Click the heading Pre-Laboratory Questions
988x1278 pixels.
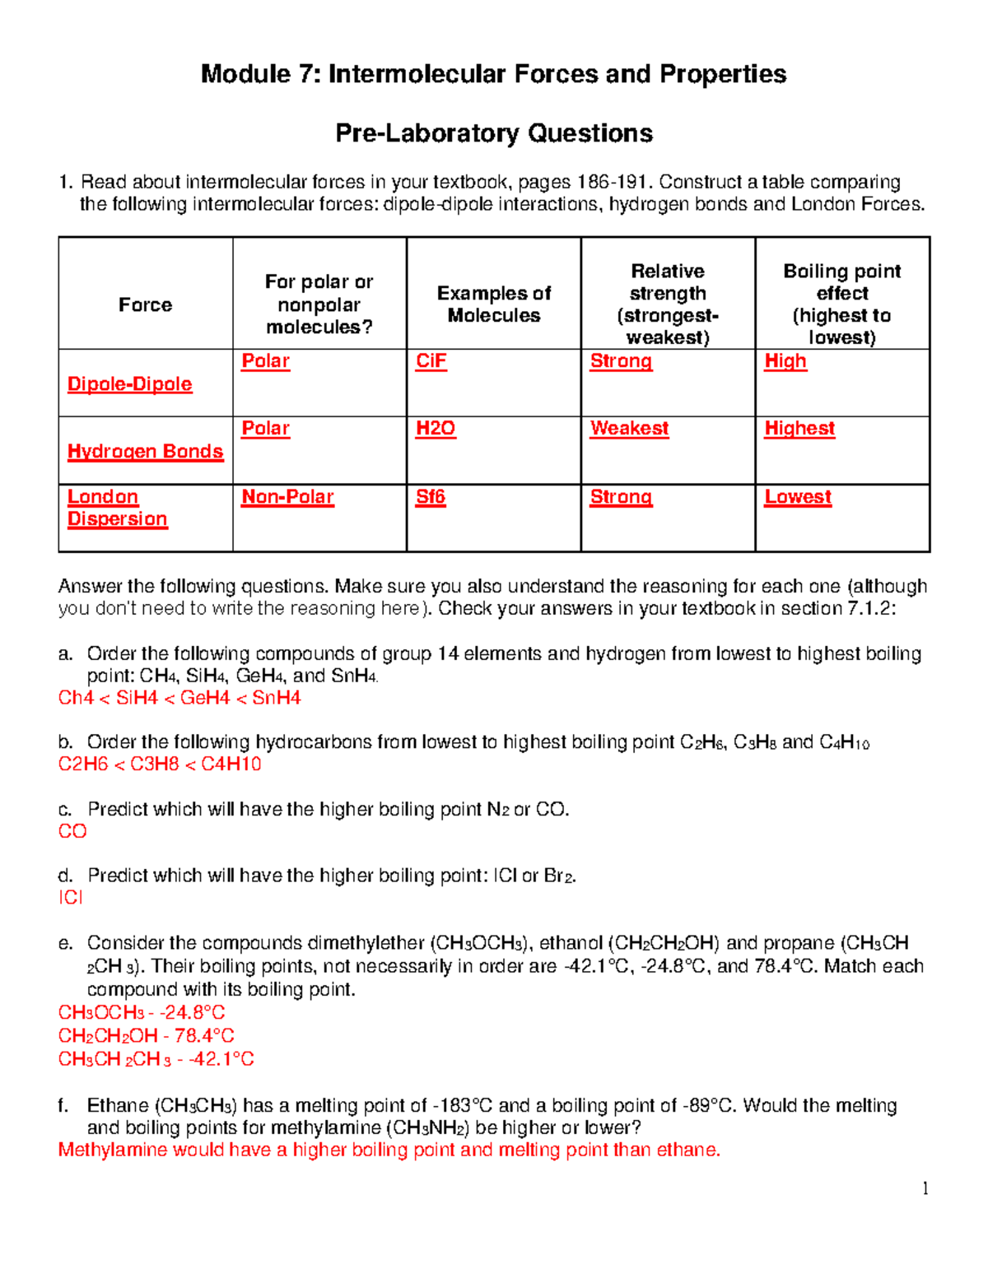494,133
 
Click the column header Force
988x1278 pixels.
145,304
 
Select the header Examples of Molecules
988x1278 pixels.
494,304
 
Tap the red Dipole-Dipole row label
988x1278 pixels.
130,384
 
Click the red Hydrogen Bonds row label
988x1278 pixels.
145,452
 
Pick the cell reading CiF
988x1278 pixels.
431,361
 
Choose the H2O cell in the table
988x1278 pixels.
436,429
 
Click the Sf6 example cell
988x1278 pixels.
431,497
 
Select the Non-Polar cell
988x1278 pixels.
287,497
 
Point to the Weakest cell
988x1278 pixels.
629,429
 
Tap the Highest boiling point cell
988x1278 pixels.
799,429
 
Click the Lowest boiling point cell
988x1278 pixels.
798,497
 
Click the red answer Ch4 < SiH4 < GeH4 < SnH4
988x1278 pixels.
179,698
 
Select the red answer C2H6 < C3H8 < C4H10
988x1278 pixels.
160,764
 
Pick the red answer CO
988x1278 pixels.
72,831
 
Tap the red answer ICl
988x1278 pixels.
71,898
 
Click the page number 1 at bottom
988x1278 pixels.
925,1188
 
